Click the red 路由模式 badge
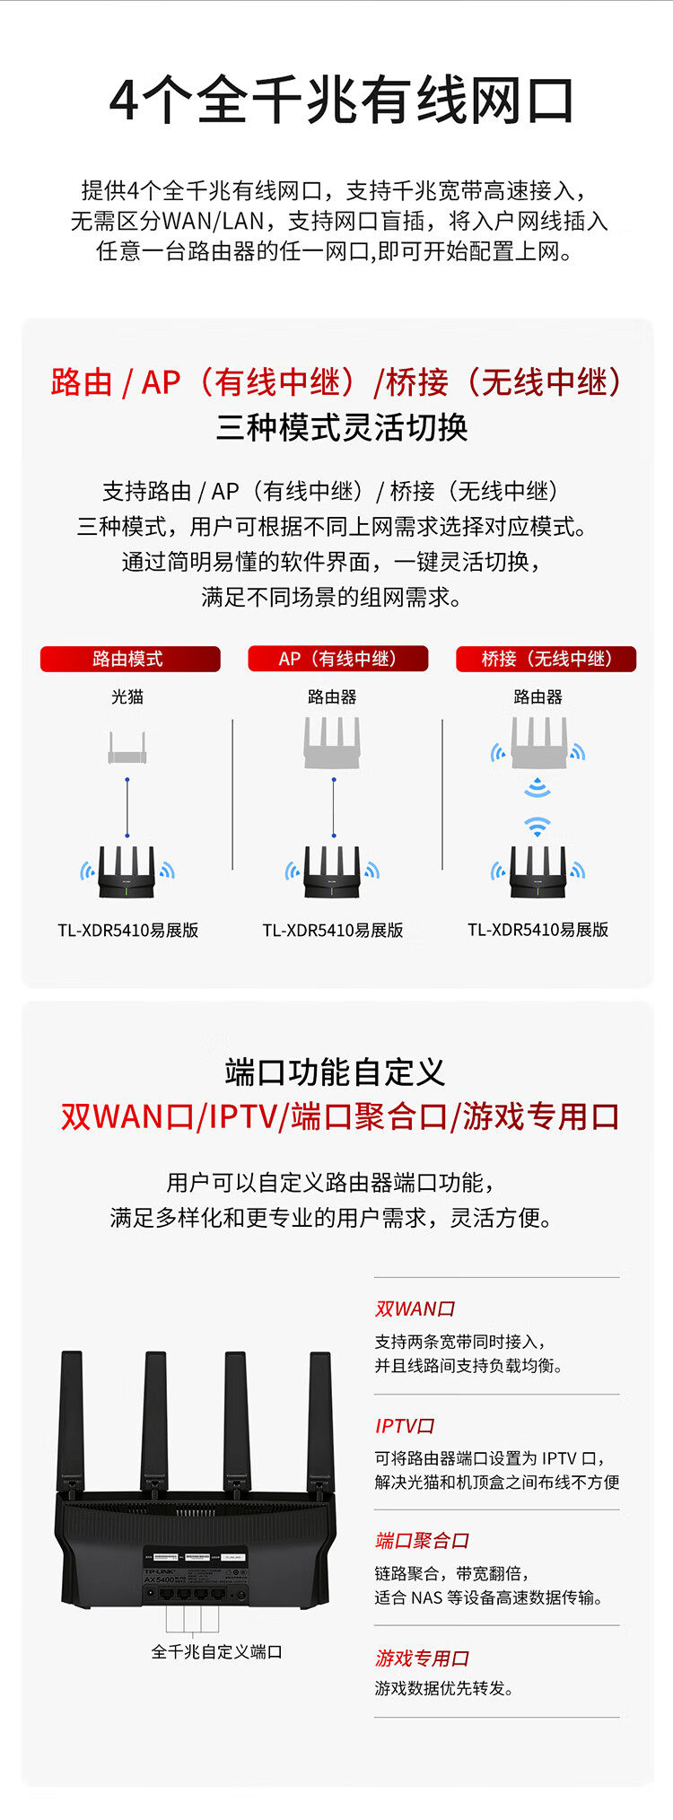(x=129, y=659)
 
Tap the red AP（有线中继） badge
(x=337, y=659)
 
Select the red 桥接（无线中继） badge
(x=546, y=659)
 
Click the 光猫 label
(x=127, y=696)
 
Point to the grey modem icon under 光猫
(x=127, y=748)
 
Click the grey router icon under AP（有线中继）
(x=332, y=745)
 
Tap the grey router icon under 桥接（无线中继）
(x=538, y=743)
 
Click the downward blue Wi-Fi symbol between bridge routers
(x=537, y=788)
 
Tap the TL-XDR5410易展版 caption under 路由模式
(x=128, y=930)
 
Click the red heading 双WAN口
(x=415, y=1308)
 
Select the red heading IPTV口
(x=405, y=1425)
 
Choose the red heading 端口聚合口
(x=422, y=1540)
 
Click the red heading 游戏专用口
(x=422, y=1658)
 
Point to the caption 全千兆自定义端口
(x=216, y=1651)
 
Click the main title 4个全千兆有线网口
(x=341, y=101)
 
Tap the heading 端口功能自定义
(x=336, y=1072)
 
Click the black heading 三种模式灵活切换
(x=342, y=427)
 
